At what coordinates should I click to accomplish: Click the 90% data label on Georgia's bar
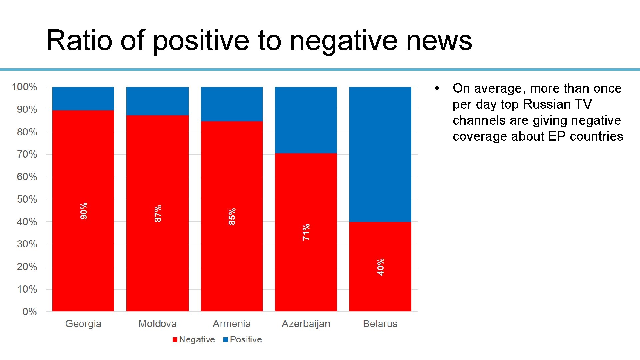(84, 211)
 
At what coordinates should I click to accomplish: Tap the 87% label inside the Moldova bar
(158, 213)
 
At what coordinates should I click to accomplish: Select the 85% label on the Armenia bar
(232, 216)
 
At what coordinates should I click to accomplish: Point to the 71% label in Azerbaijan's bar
(306, 232)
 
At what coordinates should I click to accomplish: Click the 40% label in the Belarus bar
(381, 267)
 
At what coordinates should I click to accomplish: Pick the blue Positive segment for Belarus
(380, 154)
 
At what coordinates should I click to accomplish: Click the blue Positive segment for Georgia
(83, 98)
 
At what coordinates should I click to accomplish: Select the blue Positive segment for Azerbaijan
(306, 120)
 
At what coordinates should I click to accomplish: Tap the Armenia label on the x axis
(232, 324)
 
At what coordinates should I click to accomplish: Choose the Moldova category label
(157, 324)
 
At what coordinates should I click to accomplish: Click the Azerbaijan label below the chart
(306, 324)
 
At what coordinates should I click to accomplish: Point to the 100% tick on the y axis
(24, 87)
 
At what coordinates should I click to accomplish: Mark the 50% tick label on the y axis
(27, 199)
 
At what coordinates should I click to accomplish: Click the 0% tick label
(29, 312)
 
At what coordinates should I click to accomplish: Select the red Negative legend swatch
(175, 340)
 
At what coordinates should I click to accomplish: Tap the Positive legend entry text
(246, 339)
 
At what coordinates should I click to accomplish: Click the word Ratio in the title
(79, 40)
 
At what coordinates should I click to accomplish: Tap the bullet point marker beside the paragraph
(437, 88)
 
